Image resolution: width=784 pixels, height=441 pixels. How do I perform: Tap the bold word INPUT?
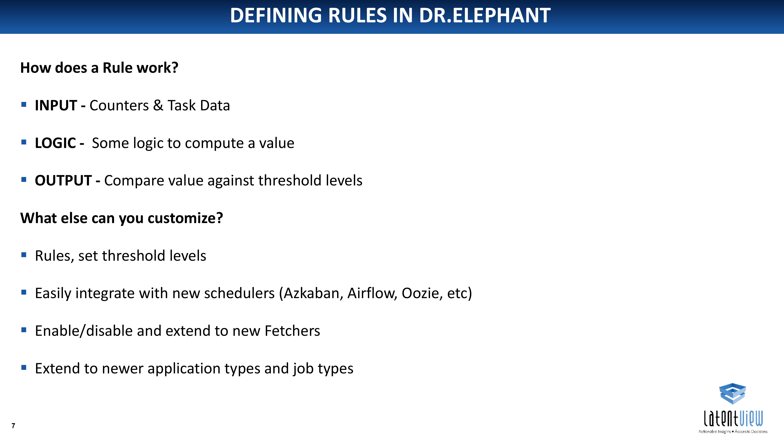pyautogui.click(x=56, y=105)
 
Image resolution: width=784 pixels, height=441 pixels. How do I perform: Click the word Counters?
pyautogui.click(x=119, y=105)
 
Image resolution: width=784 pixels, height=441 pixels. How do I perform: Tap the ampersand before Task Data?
pyautogui.click(x=158, y=105)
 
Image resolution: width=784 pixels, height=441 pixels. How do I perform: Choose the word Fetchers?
pyautogui.click(x=292, y=331)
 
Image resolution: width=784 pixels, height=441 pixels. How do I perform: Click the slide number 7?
pyautogui.click(x=13, y=426)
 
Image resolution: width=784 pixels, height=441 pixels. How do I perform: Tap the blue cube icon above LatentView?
pyautogui.click(x=732, y=394)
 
